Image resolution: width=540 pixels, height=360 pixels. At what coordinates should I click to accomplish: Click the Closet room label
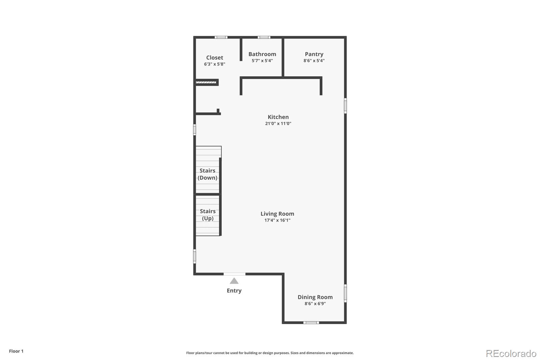(215, 57)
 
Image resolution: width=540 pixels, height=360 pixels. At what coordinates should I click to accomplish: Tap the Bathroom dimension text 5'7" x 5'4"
(262, 61)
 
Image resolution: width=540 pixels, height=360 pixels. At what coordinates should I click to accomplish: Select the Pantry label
(314, 54)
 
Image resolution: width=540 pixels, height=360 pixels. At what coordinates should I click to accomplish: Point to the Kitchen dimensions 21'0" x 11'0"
(278, 124)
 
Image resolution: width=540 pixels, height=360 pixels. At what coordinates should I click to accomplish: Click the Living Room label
(277, 214)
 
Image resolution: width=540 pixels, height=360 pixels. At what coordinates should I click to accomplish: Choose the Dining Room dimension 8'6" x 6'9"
(315, 304)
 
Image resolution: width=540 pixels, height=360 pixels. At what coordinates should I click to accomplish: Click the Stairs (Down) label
(207, 174)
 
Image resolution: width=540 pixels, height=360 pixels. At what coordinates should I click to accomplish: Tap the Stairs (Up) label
(208, 215)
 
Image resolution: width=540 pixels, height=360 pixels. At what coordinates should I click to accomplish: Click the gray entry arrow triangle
(234, 281)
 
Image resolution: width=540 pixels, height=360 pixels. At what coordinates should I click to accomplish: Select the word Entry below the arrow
(234, 291)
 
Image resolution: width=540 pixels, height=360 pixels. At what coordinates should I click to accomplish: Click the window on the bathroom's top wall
(264, 37)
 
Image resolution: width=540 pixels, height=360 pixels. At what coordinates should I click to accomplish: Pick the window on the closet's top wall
(221, 37)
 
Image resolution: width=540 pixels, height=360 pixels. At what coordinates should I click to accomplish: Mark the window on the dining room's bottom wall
(311, 323)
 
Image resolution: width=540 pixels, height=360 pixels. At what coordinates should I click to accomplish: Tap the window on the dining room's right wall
(345, 293)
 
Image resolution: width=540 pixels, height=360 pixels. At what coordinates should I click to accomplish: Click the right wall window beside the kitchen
(345, 105)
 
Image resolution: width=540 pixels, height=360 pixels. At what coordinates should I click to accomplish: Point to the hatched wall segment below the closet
(206, 82)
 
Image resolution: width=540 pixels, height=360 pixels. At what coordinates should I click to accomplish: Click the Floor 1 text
(16, 351)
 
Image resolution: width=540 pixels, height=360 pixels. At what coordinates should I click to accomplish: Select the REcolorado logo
(511, 354)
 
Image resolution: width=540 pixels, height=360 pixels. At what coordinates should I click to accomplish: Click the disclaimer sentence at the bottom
(270, 353)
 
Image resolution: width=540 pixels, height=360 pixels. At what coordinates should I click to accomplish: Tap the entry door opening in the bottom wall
(234, 274)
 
